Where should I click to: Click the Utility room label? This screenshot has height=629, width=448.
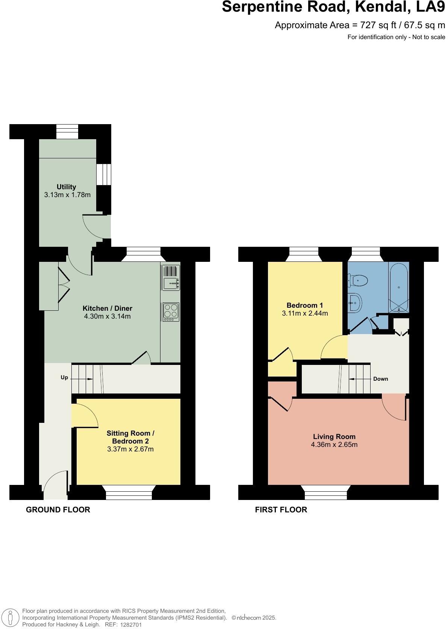click(x=66, y=187)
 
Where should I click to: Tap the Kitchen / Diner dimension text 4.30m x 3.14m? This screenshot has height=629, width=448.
click(x=107, y=316)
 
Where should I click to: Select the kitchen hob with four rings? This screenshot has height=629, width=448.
click(x=171, y=312)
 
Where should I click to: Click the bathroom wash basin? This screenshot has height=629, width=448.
click(x=355, y=303)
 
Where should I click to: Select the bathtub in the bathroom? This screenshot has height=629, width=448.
click(x=399, y=287)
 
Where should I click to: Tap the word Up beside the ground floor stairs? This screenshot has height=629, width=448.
click(x=64, y=378)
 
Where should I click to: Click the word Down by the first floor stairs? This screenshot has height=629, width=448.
click(x=380, y=379)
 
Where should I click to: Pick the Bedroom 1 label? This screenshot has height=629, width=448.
click(x=305, y=305)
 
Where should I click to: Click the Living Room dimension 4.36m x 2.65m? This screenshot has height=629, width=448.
click(x=334, y=445)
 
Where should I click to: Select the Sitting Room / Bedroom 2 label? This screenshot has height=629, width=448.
click(x=130, y=437)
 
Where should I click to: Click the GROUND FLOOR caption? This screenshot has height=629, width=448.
click(x=58, y=510)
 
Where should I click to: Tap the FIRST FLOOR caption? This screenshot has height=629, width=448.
click(x=281, y=510)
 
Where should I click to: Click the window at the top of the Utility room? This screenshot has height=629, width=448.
click(x=67, y=131)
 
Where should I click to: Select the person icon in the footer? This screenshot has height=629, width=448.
click(x=11, y=618)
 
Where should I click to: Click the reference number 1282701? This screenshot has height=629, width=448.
click(x=131, y=625)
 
